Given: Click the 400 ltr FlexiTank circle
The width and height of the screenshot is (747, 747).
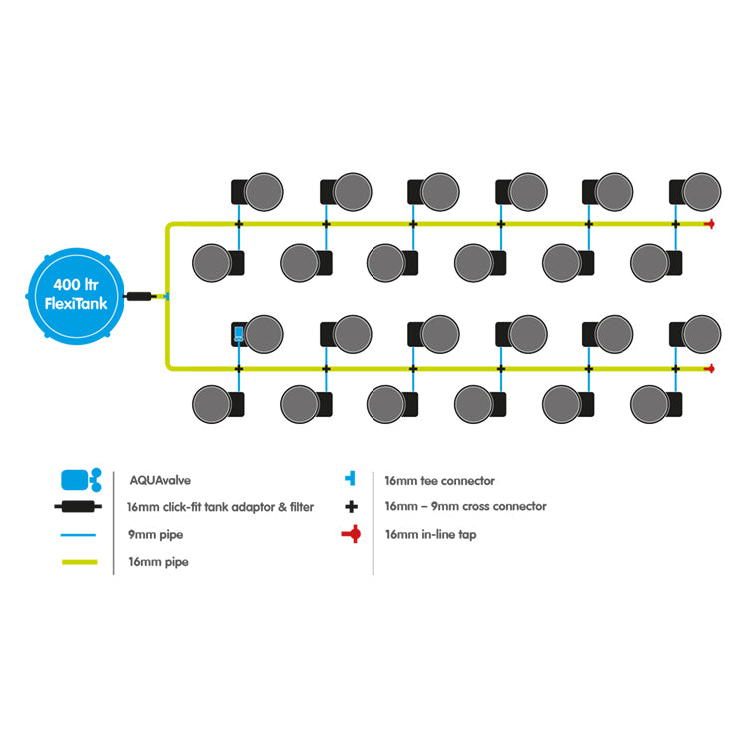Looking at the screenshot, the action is click(76, 296).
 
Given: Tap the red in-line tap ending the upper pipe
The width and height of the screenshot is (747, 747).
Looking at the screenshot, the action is click(710, 224).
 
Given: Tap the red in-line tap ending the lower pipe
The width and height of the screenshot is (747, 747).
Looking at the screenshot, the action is click(710, 369).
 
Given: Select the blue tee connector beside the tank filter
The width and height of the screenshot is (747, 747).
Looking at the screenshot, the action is click(165, 296).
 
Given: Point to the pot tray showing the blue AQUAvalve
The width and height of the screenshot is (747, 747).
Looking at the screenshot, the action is click(239, 334).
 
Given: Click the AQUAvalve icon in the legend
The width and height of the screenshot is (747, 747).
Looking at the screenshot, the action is click(81, 480).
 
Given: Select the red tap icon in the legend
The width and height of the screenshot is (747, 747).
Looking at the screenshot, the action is click(352, 534).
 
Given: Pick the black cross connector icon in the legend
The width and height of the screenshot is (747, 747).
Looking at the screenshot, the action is click(352, 506).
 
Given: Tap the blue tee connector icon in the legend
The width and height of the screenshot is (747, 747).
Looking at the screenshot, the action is click(351, 478).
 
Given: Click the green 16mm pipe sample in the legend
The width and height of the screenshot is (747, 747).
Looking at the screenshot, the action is click(79, 562).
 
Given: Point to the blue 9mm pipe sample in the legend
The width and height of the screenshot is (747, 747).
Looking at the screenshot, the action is click(78, 535).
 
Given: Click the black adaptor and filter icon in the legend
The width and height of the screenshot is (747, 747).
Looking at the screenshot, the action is click(78, 506).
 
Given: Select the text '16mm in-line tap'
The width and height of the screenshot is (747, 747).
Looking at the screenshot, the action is click(430, 535).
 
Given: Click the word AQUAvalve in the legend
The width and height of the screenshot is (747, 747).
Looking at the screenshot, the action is click(160, 480).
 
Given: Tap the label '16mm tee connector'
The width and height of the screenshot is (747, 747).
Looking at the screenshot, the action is click(439, 481).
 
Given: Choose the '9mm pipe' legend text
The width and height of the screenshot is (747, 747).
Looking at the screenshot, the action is click(155, 535).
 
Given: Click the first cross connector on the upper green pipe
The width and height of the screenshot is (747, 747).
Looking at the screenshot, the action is click(239, 224).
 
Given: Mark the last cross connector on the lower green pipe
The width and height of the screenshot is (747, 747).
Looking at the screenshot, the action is click(675, 369).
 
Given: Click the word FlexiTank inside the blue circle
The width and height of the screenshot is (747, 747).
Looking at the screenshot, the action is click(76, 304).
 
